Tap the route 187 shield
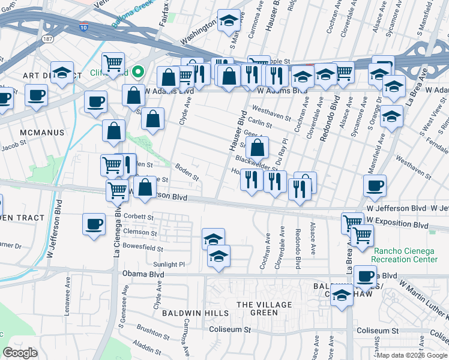coord(47,39)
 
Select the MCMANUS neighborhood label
coord(41,132)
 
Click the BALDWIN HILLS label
coord(195,313)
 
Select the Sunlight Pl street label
coord(169,264)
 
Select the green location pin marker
coord(137,73)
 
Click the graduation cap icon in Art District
coord(62,73)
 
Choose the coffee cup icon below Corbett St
coord(94,224)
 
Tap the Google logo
coord(20,353)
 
